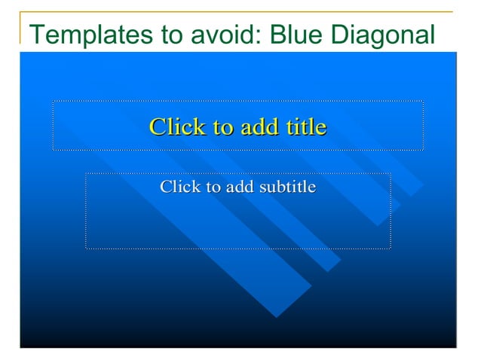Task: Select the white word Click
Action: coord(178,187)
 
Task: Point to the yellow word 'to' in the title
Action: coord(219,127)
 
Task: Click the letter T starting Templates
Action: coord(35,35)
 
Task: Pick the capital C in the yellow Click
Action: coord(156,127)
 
